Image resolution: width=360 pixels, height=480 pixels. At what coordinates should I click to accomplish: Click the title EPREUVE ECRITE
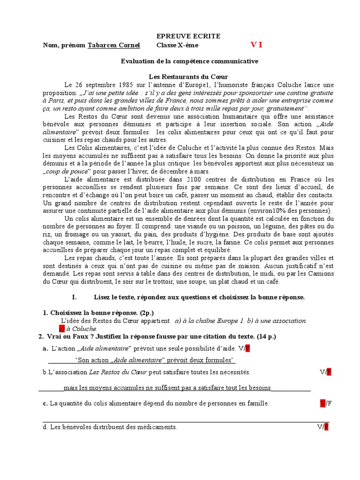[187, 36]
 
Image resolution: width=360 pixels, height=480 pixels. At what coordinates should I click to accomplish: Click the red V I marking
[256, 45]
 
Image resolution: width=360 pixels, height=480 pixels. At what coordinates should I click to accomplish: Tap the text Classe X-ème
[177, 45]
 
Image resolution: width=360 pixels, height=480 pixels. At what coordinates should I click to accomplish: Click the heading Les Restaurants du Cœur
[188, 76]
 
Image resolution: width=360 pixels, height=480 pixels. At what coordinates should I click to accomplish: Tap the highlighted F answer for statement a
[248, 348]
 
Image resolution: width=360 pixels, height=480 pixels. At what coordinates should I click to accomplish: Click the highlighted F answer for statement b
[329, 372]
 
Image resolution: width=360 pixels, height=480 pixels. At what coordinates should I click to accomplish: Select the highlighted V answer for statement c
[322, 403]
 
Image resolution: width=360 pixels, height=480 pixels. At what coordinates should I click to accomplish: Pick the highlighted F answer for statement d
[326, 427]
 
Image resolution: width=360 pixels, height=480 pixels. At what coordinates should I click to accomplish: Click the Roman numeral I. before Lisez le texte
[74, 297]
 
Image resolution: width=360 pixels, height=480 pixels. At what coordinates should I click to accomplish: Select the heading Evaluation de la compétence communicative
[189, 61]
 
